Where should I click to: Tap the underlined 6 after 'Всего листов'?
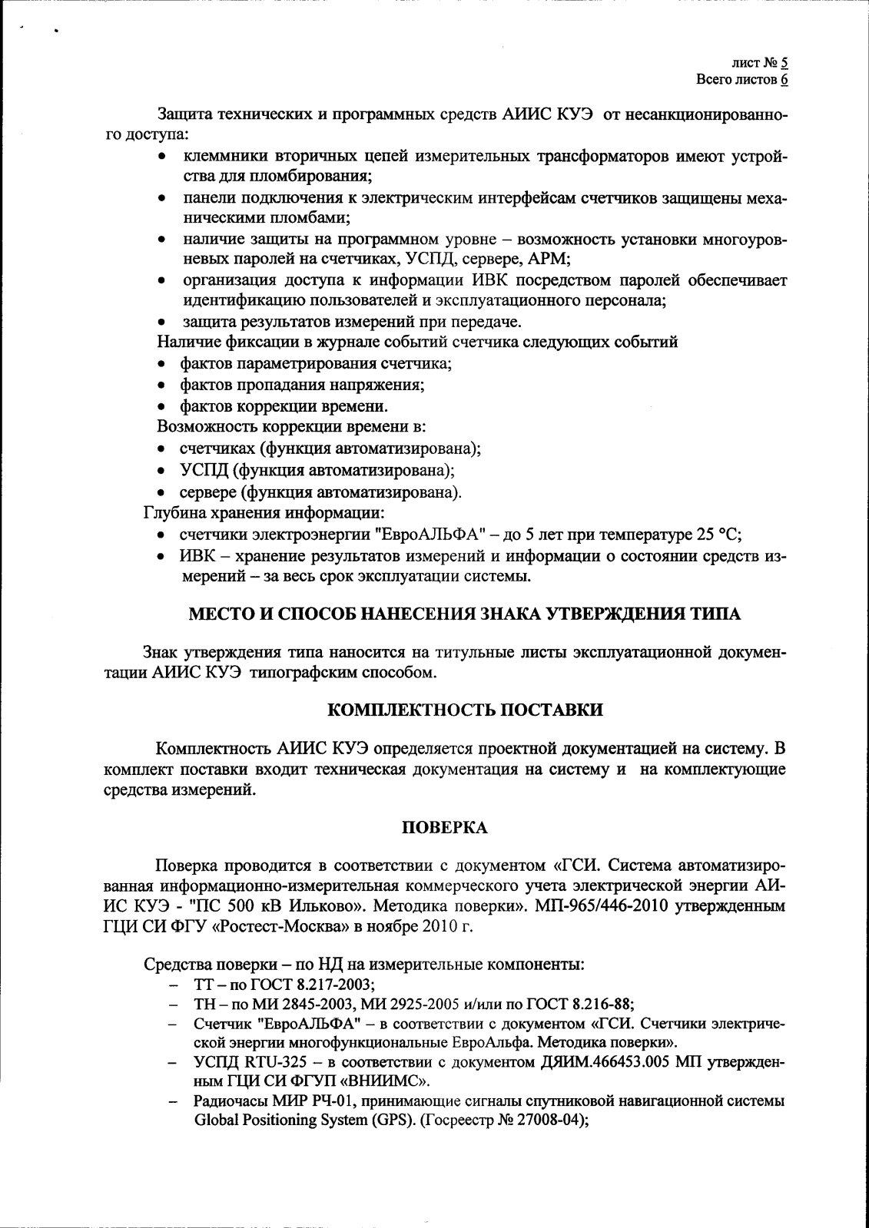click(x=784, y=80)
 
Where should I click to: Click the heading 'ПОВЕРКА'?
click(x=445, y=827)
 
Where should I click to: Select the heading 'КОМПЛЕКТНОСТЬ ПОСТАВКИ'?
click(x=465, y=710)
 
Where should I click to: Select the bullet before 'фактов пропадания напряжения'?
click(x=161, y=385)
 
